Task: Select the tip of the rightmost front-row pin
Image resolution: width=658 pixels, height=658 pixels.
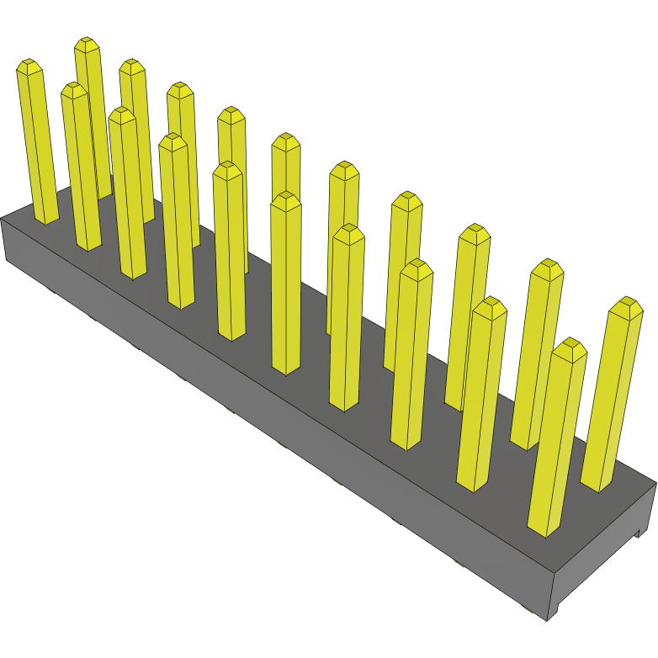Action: (x=570, y=345)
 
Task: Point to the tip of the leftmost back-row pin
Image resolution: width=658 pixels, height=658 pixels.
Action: (x=88, y=43)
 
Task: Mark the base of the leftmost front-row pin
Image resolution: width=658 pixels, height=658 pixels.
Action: (x=46, y=218)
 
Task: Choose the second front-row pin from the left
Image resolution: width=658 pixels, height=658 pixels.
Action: (x=82, y=168)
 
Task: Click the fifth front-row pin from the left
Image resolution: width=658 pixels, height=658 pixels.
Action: (x=230, y=252)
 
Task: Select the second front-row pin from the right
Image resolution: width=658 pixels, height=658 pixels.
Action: (x=482, y=395)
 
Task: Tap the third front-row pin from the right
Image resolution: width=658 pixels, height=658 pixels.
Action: (x=412, y=353)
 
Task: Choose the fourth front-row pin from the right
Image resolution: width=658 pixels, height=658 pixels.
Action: (x=345, y=320)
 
